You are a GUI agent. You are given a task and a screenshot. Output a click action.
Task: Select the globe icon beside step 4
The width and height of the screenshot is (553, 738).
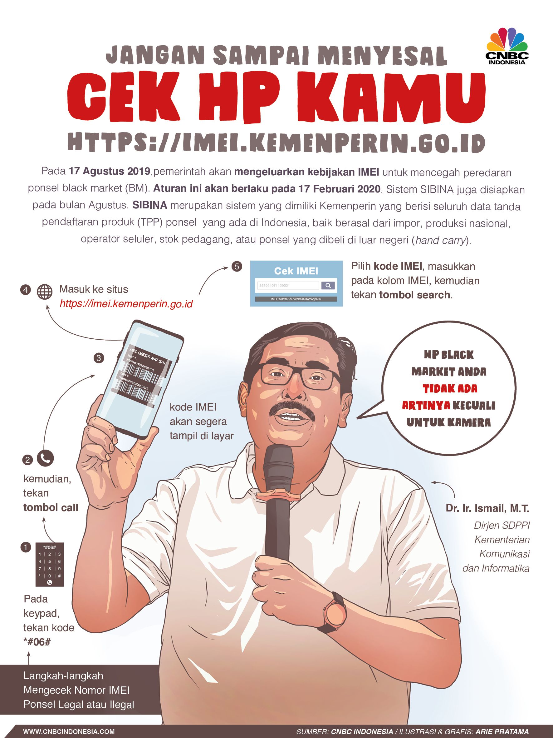pyautogui.click(x=45, y=292)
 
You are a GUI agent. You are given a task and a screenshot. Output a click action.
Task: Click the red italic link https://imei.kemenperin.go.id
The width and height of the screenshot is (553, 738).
pyautogui.click(x=126, y=304)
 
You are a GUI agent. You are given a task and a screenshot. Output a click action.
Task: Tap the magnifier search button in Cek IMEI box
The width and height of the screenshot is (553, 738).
pyautogui.click(x=328, y=285)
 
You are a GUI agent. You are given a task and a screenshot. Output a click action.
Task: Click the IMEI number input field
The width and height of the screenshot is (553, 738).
pyautogui.click(x=288, y=286)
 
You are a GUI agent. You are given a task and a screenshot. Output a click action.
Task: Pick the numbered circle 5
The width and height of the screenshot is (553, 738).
pyautogui.click(x=237, y=267)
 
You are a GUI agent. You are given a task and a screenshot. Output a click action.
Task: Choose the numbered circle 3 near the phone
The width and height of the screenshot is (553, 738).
pyautogui.click(x=99, y=358)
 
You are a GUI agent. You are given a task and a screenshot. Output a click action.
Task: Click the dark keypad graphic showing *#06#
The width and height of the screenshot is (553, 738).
pyautogui.click(x=49, y=565)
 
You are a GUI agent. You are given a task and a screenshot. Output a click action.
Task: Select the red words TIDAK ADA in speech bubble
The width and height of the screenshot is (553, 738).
pyautogui.click(x=450, y=389)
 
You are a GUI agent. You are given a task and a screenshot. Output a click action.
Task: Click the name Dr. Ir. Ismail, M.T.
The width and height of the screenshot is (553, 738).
pyautogui.click(x=487, y=508)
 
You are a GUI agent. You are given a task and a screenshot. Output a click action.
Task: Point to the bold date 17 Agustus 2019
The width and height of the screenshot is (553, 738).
pyautogui.click(x=109, y=172)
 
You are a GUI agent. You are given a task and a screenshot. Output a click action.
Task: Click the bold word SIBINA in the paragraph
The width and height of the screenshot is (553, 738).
pyautogui.click(x=150, y=205)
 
